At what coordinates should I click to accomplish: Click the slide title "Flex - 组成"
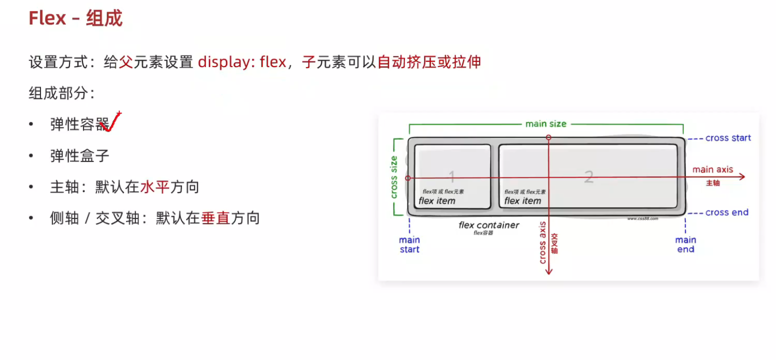[x=75, y=18]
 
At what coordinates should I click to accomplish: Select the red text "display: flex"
[x=242, y=62]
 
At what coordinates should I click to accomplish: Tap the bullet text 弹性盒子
[x=79, y=155]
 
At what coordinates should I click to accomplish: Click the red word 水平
[x=155, y=187]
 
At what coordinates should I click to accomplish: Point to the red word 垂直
[x=215, y=218]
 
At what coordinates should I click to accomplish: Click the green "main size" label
[x=545, y=123]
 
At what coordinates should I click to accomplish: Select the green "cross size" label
[x=394, y=177]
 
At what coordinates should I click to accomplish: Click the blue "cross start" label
[x=727, y=138]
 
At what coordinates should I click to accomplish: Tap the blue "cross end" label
[x=726, y=212]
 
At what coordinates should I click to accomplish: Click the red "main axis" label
[x=712, y=169]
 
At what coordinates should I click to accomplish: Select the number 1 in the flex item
[x=451, y=176]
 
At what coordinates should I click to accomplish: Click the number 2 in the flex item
[x=588, y=176]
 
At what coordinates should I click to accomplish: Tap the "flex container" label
[x=488, y=225]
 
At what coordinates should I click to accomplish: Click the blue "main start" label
[x=409, y=244]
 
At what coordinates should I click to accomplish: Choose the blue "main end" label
[x=685, y=244]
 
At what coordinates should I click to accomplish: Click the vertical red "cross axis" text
[x=542, y=242]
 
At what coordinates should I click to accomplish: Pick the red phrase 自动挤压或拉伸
[x=429, y=62]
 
